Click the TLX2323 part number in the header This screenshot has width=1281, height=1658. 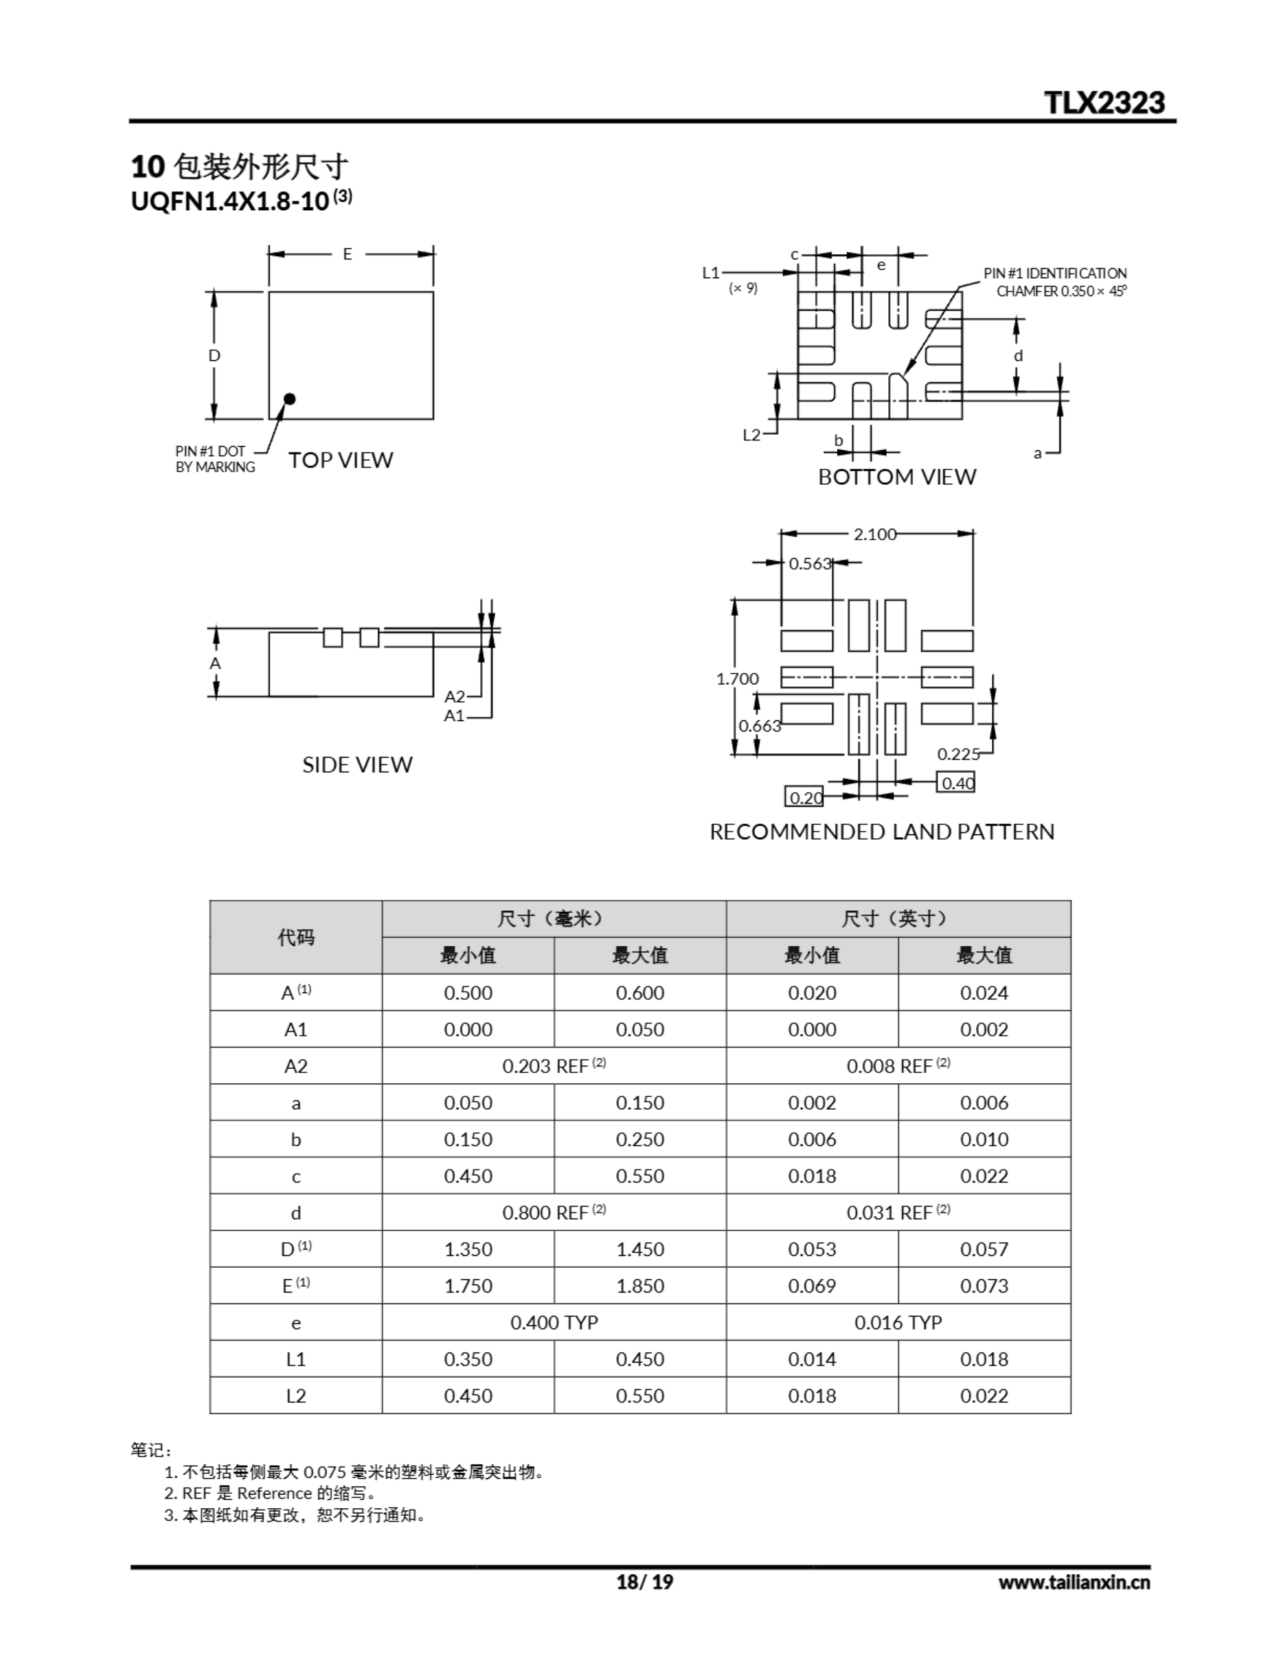tap(1104, 102)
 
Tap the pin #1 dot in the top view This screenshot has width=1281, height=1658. tap(289, 398)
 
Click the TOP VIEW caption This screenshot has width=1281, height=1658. tap(340, 460)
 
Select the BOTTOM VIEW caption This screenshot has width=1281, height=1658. tap(897, 477)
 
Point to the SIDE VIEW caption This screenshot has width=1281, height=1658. tap(357, 764)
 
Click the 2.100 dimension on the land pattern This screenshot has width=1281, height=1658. tap(875, 534)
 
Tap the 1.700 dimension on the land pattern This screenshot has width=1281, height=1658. tap(737, 679)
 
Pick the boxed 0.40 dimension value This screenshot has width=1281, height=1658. tap(956, 782)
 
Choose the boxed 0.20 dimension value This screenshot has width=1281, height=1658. tap(804, 797)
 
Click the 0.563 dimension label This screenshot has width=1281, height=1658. tap(810, 563)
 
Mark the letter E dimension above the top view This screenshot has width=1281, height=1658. tap(347, 255)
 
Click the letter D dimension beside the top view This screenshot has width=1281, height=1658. tap(214, 356)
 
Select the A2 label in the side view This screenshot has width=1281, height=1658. tap(454, 696)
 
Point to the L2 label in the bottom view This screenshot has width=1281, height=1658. tap(751, 435)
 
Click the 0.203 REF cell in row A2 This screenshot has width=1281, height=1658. tap(554, 1066)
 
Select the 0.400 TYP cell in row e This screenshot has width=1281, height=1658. tap(554, 1323)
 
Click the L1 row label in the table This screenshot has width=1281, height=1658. tap(295, 1359)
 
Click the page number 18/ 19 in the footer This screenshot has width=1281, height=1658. tap(644, 1582)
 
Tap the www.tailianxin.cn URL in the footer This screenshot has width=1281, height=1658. tap(1074, 1582)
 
